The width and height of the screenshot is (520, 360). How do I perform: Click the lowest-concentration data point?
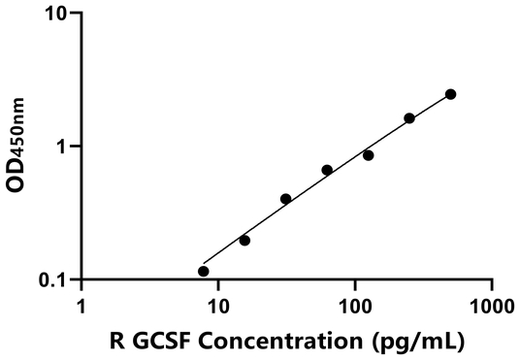click(x=203, y=271)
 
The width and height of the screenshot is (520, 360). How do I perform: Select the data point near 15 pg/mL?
click(x=244, y=240)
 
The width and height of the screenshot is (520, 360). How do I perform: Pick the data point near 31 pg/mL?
click(x=285, y=199)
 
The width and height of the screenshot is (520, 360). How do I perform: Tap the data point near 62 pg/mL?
click(x=327, y=170)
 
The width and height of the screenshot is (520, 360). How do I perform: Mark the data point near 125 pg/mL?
click(x=369, y=155)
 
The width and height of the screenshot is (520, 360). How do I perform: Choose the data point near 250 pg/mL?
click(x=409, y=118)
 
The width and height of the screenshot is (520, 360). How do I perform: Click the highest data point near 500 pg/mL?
click(x=451, y=94)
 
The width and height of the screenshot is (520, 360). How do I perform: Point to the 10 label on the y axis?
click(x=57, y=14)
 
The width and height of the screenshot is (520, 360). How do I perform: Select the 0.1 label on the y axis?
click(x=55, y=279)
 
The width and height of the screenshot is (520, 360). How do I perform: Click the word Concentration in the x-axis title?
click(x=300, y=341)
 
